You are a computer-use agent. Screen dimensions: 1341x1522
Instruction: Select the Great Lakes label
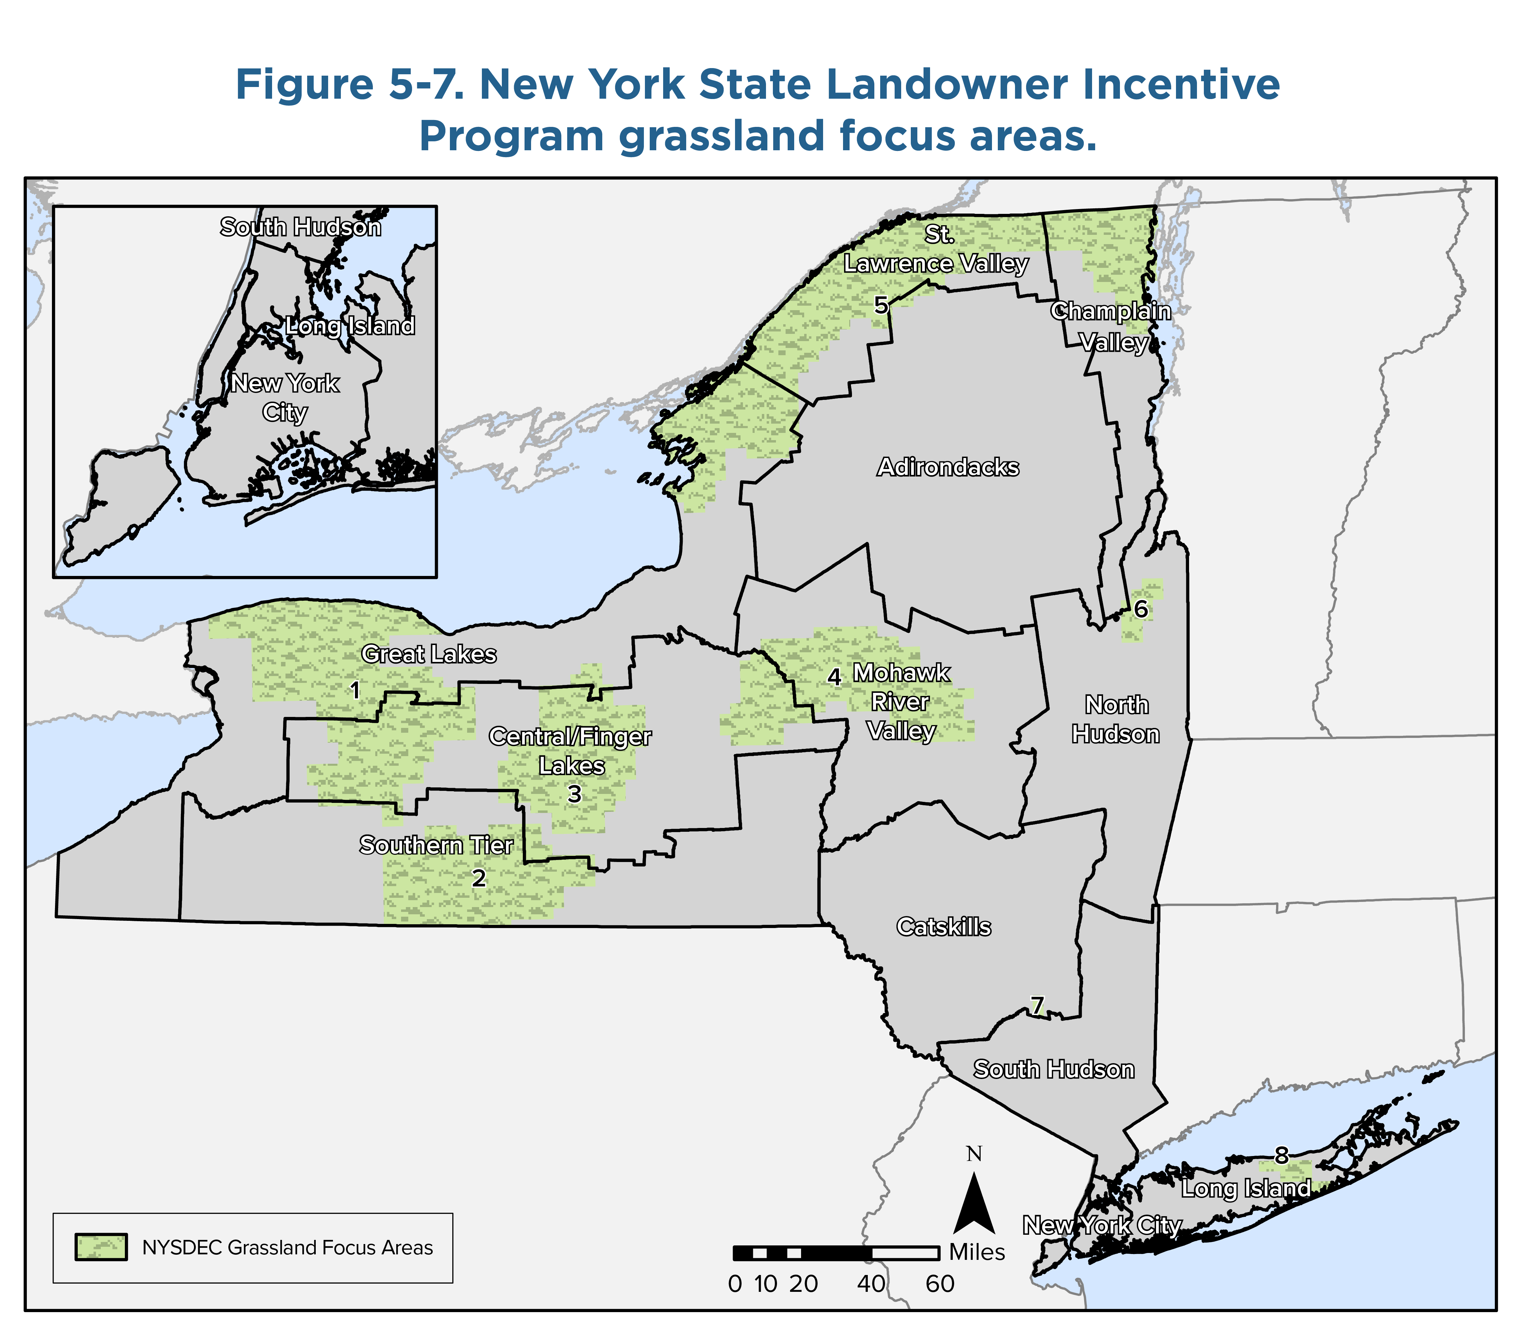[429, 654]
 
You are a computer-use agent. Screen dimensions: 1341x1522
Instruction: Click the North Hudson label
[1115, 719]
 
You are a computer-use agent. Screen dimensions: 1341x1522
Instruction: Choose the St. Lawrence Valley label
[936, 249]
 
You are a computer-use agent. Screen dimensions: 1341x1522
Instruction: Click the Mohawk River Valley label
[901, 702]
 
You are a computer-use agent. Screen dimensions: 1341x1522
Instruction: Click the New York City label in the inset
[285, 397]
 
